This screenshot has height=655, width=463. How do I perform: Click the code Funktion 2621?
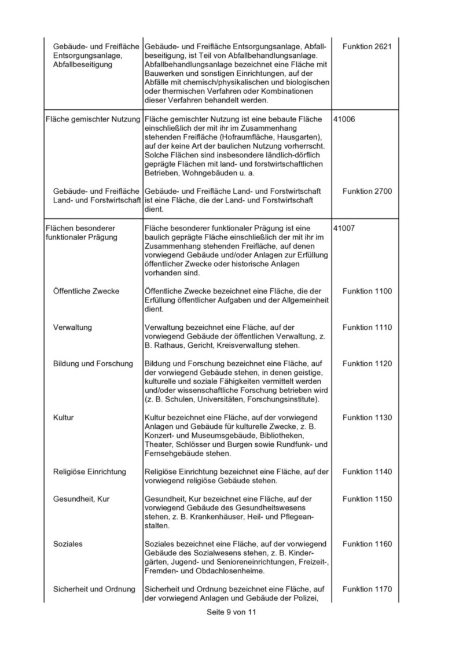pyautogui.click(x=367, y=46)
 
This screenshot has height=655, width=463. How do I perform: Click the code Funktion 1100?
pyautogui.click(x=367, y=291)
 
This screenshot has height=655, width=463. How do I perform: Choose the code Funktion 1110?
pyautogui.click(x=367, y=327)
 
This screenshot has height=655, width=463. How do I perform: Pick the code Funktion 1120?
pyautogui.click(x=367, y=363)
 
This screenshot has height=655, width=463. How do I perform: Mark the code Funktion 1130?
pyautogui.click(x=367, y=418)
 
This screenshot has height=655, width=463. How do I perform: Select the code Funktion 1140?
pyautogui.click(x=367, y=472)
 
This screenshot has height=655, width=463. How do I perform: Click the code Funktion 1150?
pyautogui.click(x=367, y=499)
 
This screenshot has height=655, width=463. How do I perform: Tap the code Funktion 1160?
pyautogui.click(x=367, y=544)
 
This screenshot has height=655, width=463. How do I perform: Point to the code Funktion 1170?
pyautogui.click(x=367, y=589)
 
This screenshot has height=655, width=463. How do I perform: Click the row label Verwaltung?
pyautogui.click(x=72, y=327)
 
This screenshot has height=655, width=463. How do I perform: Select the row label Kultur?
pyautogui.click(x=63, y=418)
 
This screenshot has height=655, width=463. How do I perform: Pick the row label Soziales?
pyautogui.click(x=68, y=544)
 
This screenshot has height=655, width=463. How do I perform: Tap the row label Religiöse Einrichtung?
pyautogui.click(x=89, y=472)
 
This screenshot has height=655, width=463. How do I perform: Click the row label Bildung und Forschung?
pyautogui.click(x=93, y=363)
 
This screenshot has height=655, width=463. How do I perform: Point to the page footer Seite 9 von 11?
pyautogui.click(x=231, y=613)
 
